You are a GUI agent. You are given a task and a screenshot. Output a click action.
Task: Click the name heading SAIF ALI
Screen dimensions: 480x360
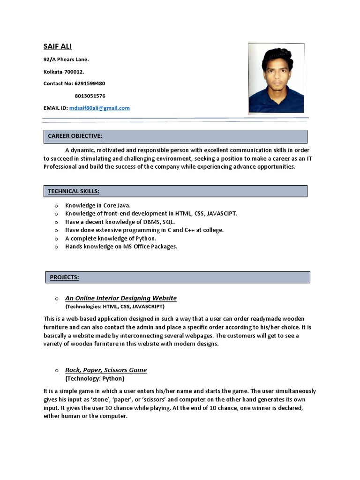pos(58,46)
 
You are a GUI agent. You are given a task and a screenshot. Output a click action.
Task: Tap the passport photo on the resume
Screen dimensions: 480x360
pos(276,78)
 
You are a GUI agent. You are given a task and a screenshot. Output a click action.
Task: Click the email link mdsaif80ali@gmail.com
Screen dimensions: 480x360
pos(99,108)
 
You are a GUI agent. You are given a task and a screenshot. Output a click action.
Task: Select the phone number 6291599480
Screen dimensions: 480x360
pos(90,83)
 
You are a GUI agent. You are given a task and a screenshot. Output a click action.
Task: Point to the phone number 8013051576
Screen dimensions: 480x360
pos(90,96)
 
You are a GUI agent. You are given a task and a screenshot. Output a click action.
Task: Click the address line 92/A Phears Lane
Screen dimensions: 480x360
pos(66,60)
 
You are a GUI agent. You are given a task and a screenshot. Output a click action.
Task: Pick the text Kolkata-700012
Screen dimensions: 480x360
pos(64,72)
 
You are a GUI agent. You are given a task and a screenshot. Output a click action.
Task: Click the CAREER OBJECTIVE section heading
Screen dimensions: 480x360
pos(75,136)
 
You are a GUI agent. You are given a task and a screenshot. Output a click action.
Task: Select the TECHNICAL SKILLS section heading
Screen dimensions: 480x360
pos(74,191)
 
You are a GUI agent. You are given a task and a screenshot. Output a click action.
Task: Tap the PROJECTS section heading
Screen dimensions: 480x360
pos(64,277)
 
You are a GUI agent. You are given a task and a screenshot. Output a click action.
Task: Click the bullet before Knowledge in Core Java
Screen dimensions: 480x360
pos(56,206)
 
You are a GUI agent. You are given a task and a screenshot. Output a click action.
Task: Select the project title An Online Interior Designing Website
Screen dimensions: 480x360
pos(120,298)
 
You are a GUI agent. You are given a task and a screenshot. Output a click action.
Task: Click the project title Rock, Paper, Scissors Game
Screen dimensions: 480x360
pos(106,370)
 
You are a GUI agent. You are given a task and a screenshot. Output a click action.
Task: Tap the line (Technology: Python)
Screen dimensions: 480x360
pos(95,378)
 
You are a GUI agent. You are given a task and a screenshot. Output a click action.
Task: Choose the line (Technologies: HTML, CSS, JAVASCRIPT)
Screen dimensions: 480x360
pos(115,307)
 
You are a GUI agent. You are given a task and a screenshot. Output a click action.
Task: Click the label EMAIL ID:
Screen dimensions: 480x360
pos(55,108)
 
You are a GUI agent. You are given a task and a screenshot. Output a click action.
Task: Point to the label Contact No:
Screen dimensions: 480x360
pos(58,83)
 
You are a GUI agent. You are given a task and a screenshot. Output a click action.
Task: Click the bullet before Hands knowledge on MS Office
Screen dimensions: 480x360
pos(56,247)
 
